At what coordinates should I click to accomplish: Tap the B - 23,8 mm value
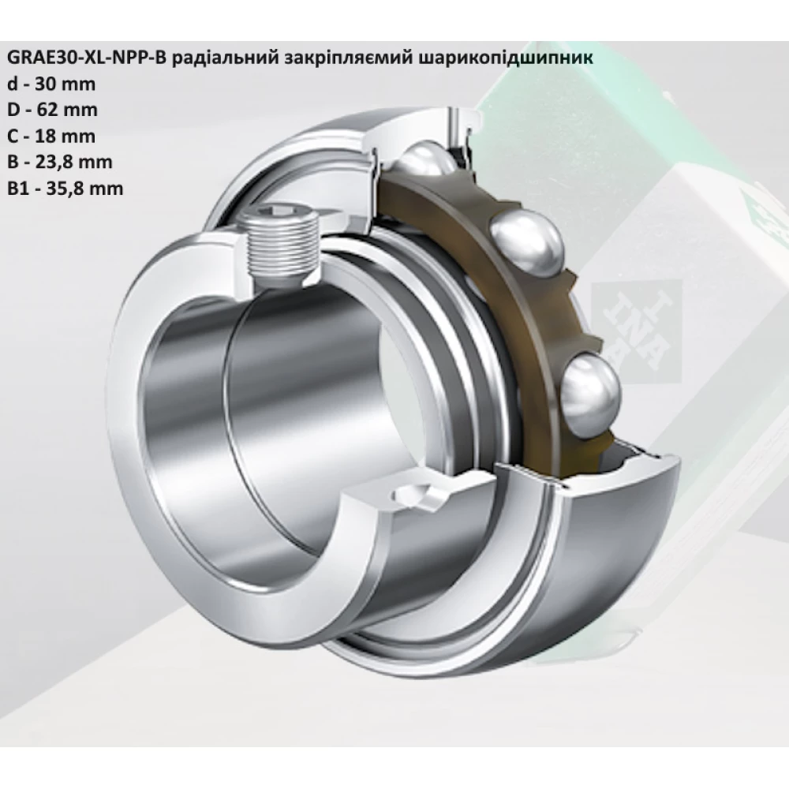[59, 162]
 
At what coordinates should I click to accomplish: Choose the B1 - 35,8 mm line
[64, 188]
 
